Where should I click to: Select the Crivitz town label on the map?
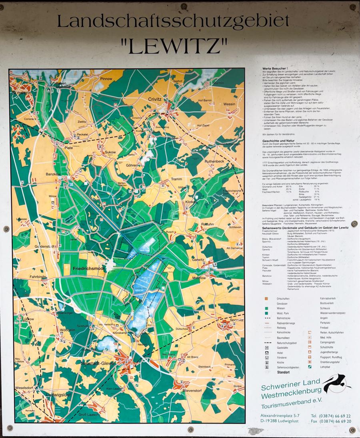[154, 99]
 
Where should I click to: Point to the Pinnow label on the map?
[106, 79]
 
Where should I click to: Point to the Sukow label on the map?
[110, 152]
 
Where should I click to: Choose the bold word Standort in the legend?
[283, 372]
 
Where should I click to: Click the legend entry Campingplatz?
[330, 342]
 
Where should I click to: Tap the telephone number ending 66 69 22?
[331, 416]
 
